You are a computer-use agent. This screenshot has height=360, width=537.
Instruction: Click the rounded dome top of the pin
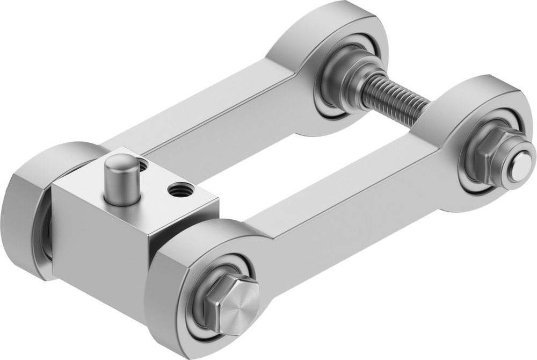click(122, 161)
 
